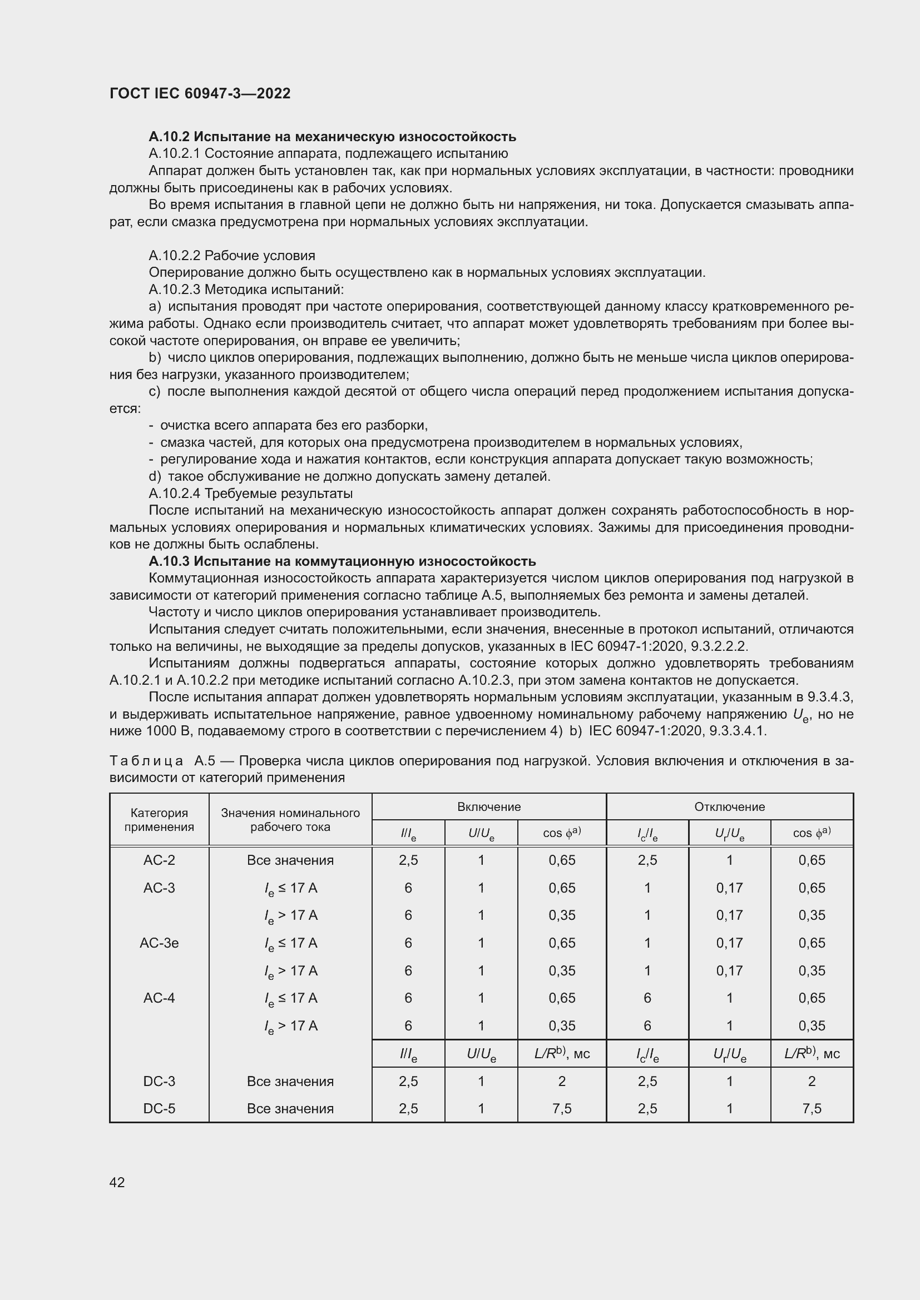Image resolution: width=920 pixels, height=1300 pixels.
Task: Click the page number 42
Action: tap(117, 1182)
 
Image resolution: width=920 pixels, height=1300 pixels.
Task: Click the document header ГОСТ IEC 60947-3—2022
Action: tap(200, 93)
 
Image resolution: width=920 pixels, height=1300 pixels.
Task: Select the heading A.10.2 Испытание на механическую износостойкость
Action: tap(332, 137)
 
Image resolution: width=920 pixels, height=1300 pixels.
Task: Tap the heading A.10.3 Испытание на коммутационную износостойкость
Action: tap(342, 561)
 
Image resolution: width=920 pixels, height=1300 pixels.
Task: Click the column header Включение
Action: tap(488, 806)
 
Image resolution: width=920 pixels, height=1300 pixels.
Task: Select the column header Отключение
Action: tap(729, 806)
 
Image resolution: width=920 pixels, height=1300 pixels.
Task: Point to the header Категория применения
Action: tap(159, 819)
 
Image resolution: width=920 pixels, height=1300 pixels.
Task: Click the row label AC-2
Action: tap(159, 860)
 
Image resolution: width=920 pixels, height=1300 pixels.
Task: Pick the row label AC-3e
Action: tap(159, 943)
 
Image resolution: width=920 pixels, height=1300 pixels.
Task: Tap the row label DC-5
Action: tap(159, 1108)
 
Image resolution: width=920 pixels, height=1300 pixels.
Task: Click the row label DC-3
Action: tap(159, 1081)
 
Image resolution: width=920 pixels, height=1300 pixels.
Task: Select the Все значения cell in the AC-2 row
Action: tap(290, 860)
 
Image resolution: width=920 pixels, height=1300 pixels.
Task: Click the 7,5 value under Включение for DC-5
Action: tap(561, 1108)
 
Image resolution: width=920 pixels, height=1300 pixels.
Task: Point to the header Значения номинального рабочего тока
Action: tap(290, 819)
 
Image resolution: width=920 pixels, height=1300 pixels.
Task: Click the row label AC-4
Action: tap(159, 998)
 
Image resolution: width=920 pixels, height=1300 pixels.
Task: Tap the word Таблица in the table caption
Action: tap(146, 760)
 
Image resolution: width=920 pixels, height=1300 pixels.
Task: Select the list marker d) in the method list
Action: tap(155, 476)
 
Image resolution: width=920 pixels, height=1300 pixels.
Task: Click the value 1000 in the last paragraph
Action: tap(161, 731)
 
